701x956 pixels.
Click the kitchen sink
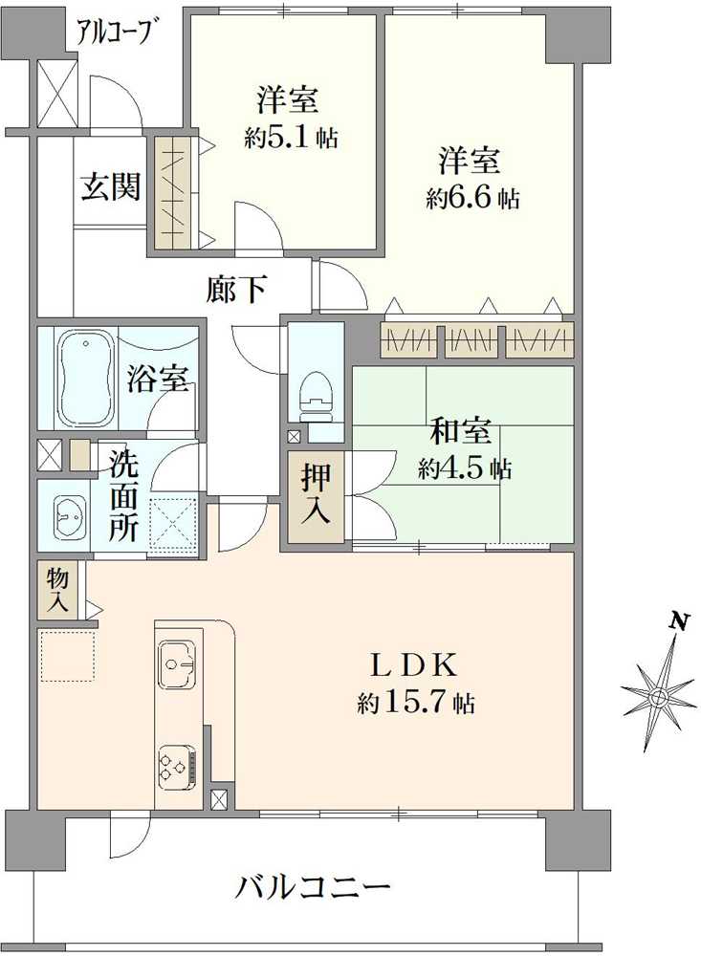click(178, 660)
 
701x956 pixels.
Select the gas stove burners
click(176, 765)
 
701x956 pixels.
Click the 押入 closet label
click(317, 494)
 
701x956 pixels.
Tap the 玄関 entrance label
click(110, 186)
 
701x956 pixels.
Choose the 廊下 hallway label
click(236, 289)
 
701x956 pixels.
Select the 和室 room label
click(463, 433)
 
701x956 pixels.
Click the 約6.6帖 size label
click(473, 198)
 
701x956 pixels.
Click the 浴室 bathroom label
click(157, 379)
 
